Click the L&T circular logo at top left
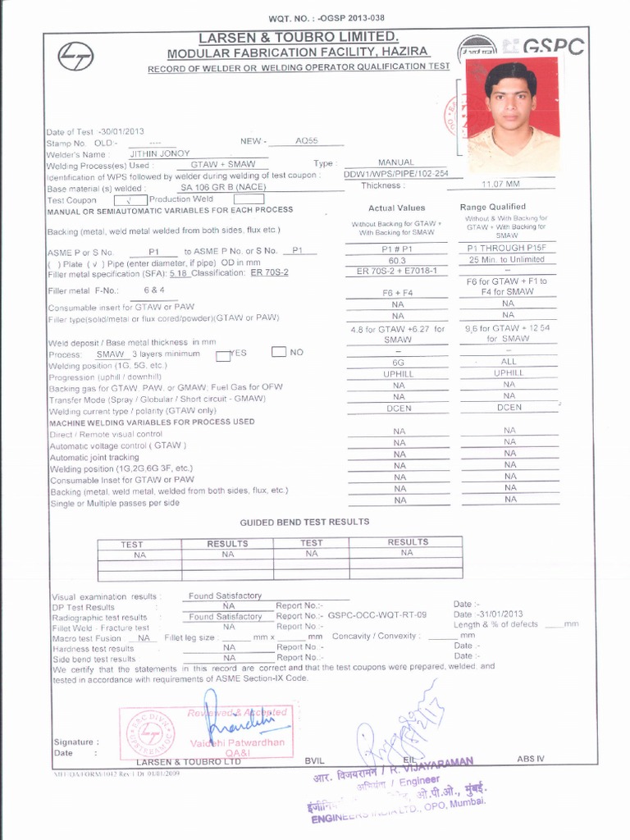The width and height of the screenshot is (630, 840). click(75, 56)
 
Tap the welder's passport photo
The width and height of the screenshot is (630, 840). click(513, 112)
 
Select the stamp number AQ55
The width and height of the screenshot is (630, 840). click(305, 141)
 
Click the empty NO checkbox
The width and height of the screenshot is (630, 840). click(278, 352)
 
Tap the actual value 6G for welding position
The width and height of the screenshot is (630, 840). click(398, 362)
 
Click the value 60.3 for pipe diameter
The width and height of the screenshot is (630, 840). click(398, 260)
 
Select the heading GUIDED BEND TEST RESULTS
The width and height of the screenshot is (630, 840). click(304, 522)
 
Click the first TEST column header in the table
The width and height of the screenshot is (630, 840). click(132, 544)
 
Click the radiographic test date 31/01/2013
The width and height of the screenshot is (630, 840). click(500, 614)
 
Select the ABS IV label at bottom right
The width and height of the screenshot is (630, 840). click(530, 759)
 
